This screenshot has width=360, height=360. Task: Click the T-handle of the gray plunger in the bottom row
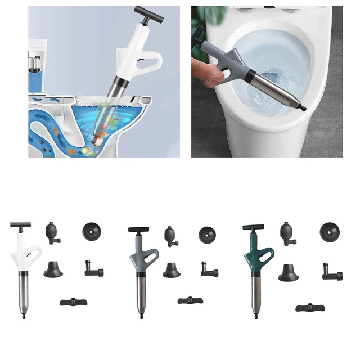pos(138,229)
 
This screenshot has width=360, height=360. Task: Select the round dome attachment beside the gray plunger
pos(207,234)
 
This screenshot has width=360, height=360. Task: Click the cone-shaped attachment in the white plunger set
pos(54,269)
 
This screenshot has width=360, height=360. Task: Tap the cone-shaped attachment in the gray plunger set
pos(171,270)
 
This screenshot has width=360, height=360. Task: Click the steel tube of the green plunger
pos(256,292)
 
